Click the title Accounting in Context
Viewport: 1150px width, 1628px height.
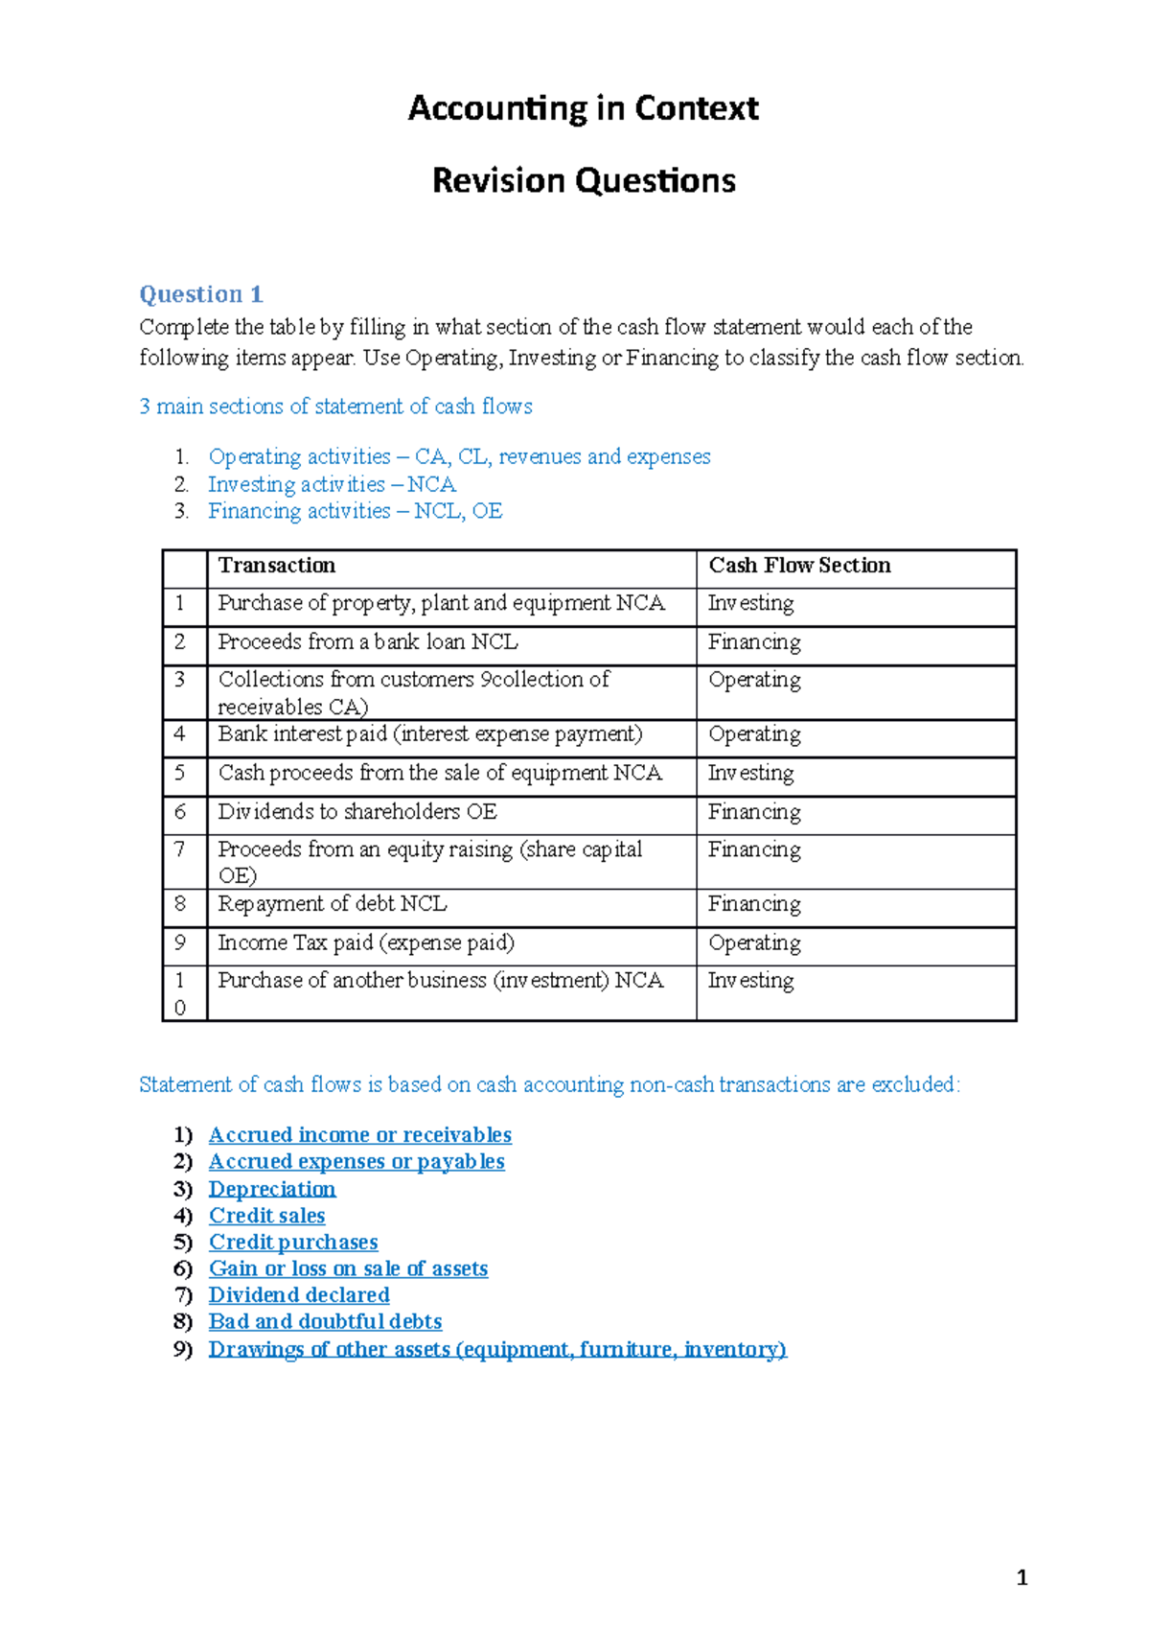583,107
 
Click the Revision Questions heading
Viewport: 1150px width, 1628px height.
584,180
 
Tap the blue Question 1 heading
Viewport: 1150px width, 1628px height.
201,294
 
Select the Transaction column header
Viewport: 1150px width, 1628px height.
277,566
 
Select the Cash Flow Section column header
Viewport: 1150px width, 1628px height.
799,566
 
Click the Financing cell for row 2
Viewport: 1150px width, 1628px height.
754,642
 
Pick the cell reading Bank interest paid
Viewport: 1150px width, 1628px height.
429,734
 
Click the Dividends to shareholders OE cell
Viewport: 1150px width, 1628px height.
357,812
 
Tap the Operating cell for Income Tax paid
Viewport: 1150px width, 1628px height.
754,943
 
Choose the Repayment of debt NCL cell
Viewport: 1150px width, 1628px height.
332,904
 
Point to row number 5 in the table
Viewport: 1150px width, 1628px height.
180,774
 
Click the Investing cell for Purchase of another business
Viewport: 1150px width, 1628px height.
750,981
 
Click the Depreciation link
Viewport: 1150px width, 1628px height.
272,1189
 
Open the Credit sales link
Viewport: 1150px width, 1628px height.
266,1216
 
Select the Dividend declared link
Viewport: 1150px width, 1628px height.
299,1295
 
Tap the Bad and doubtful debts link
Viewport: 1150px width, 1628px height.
325,1322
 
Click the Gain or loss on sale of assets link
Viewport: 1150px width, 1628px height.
348,1268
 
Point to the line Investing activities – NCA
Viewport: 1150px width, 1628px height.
332,484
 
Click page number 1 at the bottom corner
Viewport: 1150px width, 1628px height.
1022,1577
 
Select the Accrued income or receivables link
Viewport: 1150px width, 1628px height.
359,1135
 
